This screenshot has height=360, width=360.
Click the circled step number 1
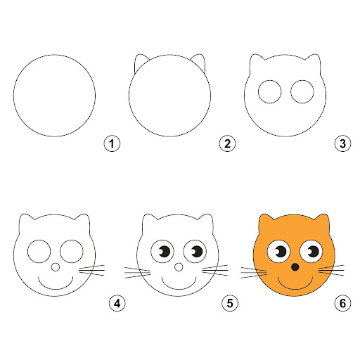tap(112, 143)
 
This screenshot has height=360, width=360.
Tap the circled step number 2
tap(227, 143)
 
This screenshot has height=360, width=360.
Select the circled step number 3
tap(342, 143)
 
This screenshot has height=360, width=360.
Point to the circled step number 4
tap(117, 304)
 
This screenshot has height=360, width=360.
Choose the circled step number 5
tap(230, 304)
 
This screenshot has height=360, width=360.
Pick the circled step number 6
tap(342, 304)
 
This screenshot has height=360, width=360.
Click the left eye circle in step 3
tap(269, 91)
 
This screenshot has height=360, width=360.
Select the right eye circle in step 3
tap(302, 91)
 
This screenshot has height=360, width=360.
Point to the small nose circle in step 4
tap(56, 267)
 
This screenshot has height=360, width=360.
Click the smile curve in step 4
tap(56, 288)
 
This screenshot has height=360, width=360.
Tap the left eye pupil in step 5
tap(165, 252)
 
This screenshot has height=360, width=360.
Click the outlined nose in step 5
tap(179, 267)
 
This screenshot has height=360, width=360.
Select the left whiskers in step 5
tap(137, 273)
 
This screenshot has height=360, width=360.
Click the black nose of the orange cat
tap(295, 267)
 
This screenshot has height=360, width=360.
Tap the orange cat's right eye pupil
tap(313, 252)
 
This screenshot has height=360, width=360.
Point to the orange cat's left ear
tap(266, 223)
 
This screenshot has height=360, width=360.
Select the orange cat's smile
tap(295, 288)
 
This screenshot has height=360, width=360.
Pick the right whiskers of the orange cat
tap(331, 270)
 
